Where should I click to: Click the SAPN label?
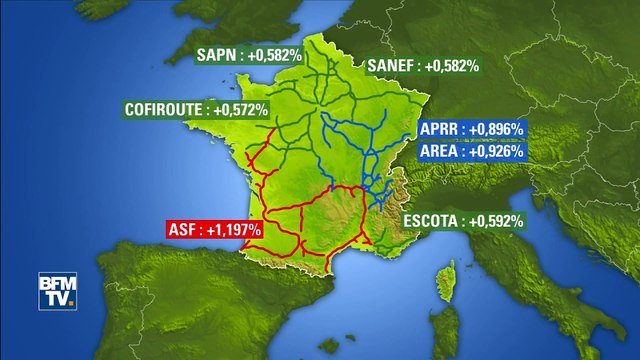point(249,55)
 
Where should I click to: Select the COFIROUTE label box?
point(195,109)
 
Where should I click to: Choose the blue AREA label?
point(472,153)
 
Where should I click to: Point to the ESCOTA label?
point(463,220)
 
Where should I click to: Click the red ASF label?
point(213,229)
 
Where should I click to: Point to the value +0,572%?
point(240,109)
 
